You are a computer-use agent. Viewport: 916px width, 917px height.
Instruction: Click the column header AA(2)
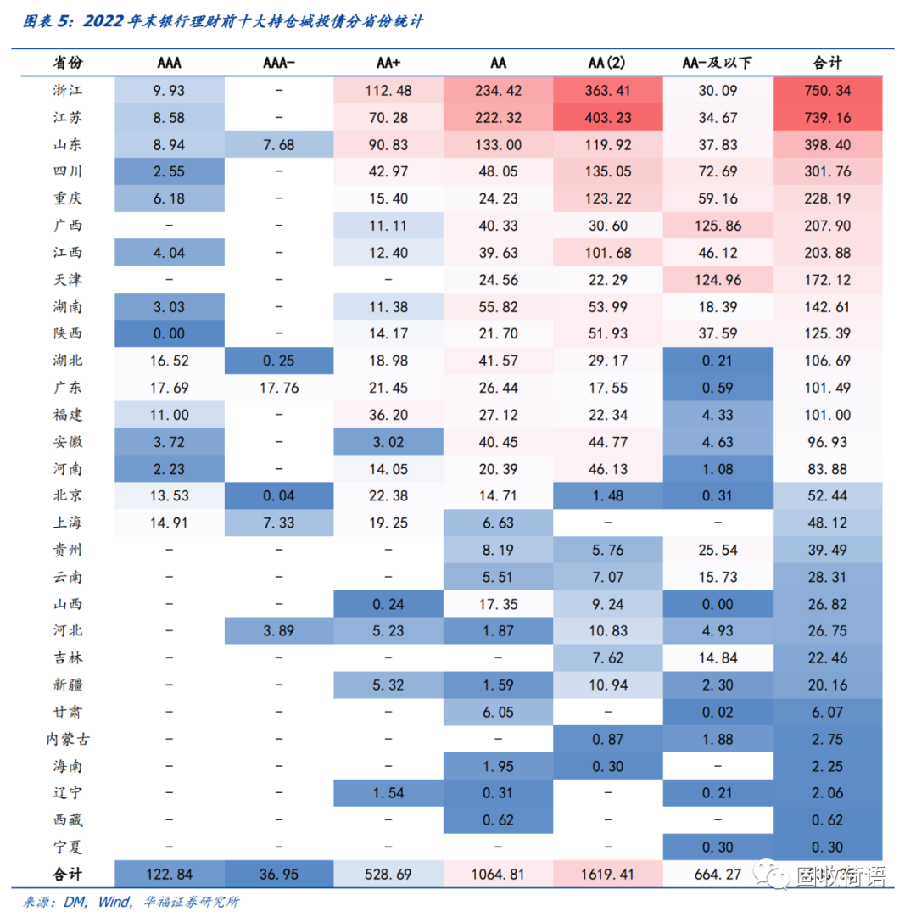click(607, 63)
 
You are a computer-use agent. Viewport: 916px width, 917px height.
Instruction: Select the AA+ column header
click(389, 63)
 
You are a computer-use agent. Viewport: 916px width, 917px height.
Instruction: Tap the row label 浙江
click(68, 90)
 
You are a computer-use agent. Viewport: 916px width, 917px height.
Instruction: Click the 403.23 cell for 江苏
click(607, 118)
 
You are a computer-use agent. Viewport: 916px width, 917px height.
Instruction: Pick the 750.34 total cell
click(827, 90)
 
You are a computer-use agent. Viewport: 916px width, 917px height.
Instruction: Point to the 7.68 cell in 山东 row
click(279, 144)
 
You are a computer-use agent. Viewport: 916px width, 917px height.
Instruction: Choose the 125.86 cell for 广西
click(717, 226)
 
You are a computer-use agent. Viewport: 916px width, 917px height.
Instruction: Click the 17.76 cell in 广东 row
click(279, 388)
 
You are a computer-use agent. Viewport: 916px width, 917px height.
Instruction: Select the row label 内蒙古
click(68, 739)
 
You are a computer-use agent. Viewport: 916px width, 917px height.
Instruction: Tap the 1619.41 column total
click(607, 874)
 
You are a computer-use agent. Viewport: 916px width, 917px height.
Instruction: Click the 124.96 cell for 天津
click(717, 279)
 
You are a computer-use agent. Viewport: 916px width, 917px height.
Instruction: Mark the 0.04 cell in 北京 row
click(279, 495)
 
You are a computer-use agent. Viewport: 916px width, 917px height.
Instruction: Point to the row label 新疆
click(68, 685)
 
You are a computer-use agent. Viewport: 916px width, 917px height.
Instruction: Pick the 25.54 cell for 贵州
click(717, 550)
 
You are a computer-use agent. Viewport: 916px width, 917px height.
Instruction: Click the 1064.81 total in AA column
click(498, 874)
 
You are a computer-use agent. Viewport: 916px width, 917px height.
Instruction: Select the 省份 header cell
click(68, 63)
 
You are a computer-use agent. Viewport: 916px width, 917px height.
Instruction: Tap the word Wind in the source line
click(113, 901)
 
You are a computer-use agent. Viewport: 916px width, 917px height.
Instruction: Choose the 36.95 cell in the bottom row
click(279, 874)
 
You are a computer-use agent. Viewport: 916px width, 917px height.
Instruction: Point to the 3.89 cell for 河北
click(279, 630)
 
